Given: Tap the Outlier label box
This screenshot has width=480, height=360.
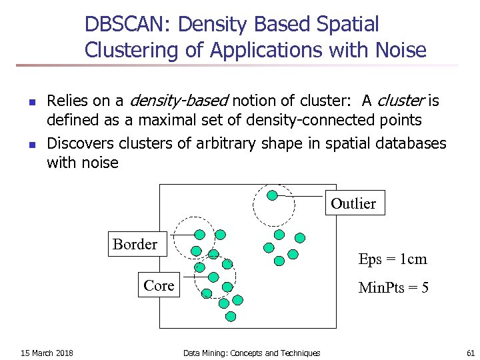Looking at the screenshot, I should (353, 204).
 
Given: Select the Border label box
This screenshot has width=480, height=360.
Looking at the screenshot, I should (135, 245).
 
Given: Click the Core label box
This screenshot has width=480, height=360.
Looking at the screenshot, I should (159, 286).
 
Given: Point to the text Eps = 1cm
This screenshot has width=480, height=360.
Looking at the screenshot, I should (392, 259).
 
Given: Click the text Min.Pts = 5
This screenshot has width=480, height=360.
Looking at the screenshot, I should (393, 288).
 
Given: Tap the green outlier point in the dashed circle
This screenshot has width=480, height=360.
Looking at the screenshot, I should (272, 195).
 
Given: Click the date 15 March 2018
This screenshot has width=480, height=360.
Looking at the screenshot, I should (47, 353).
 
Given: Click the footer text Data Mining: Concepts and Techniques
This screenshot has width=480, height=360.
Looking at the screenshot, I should (251, 353).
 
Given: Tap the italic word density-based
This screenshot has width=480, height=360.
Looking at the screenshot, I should (178, 101).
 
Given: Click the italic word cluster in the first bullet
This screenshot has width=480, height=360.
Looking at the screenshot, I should (401, 101).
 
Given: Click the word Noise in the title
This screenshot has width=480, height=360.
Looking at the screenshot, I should (402, 49).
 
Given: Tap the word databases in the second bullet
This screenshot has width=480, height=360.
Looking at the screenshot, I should (408, 143).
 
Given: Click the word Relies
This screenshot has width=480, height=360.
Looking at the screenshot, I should (66, 101).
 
